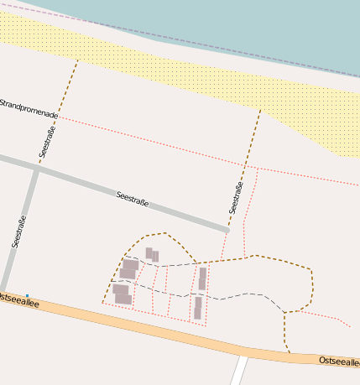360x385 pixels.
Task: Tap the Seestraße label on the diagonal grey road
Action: pos(133,199)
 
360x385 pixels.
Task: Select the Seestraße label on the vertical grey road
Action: pos(19,232)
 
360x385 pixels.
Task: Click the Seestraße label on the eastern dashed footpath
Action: pos(236,198)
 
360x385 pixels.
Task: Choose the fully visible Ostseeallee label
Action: pos(339,361)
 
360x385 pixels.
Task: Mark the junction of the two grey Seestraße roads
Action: pos(35,167)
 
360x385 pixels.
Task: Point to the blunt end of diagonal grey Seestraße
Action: pos(227,227)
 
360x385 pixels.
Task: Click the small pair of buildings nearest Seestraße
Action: pos(152,254)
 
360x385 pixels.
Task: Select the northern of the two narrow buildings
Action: pos(202,278)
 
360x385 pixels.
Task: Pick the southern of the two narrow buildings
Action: pos(198,308)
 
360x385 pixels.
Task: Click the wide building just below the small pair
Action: pos(129,268)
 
